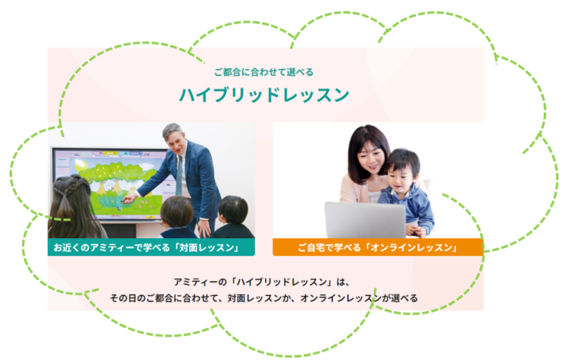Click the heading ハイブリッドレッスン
pyautogui.click(x=264, y=95)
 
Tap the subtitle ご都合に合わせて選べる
pyautogui.click(x=264, y=72)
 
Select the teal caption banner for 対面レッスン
pyautogui.click(x=151, y=247)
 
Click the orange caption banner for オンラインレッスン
pyautogui.click(x=378, y=247)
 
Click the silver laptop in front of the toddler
pyautogui.click(x=365, y=220)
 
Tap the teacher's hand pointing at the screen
pyautogui.click(x=129, y=198)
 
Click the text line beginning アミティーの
pyautogui.click(x=262, y=282)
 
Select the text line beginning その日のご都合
pyautogui.click(x=264, y=298)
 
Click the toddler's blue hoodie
pyautogui.click(x=409, y=205)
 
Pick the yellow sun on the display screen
pyautogui.click(x=81, y=166)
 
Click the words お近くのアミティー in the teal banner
pyautogui.click(x=93, y=247)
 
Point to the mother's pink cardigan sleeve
pyautogui.click(x=350, y=189)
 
